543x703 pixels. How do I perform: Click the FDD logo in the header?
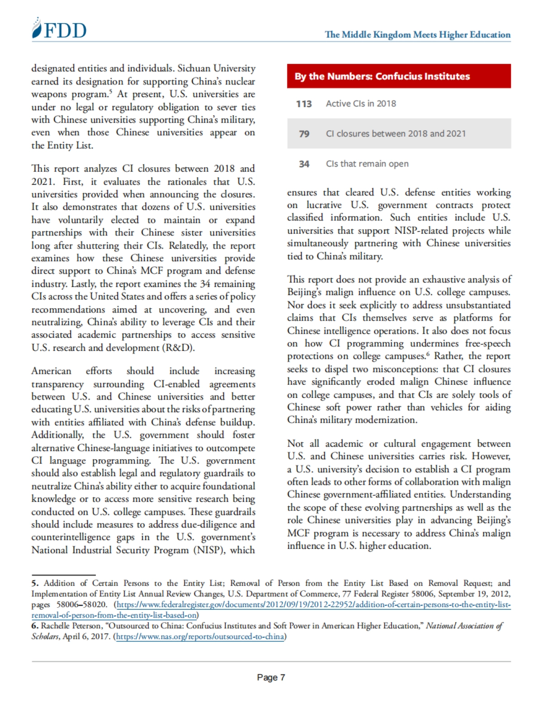coord(59,29)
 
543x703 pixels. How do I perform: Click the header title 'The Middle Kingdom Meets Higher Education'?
coord(417,35)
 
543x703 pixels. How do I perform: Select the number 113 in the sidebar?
coord(304,104)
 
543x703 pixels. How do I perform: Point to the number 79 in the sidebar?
coord(304,134)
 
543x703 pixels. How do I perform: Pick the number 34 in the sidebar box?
coord(304,164)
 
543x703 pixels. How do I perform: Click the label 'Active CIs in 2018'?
coord(361,104)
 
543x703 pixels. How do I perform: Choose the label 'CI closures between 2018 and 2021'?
coord(395,133)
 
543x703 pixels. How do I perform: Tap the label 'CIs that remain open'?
coord(367,164)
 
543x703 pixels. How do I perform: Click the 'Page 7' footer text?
coord(271,677)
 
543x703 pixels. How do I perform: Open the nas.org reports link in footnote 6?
coord(200,637)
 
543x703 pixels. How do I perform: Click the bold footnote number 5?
coord(35,583)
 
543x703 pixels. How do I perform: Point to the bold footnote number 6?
coord(35,626)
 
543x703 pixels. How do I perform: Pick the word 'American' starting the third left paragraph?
coord(51,371)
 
